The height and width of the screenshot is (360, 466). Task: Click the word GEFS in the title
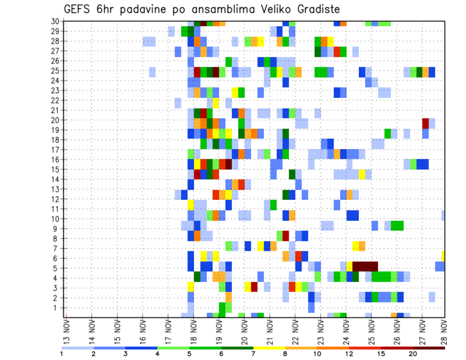(78, 9)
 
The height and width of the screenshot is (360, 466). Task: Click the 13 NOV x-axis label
(67, 330)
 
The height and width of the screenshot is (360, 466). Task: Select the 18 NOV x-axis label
(193, 330)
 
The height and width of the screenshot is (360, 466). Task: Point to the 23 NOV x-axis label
(320, 330)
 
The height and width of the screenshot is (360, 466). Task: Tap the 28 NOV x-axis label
(445, 330)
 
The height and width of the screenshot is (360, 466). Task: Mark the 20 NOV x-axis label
(244, 330)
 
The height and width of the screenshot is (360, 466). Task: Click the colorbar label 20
(413, 354)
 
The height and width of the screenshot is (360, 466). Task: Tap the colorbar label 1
(62, 354)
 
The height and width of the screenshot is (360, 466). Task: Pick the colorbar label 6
(221, 354)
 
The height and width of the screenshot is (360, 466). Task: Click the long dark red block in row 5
(365, 266)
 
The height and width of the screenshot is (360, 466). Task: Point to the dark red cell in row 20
(426, 123)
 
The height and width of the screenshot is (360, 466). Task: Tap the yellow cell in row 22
(216, 103)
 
